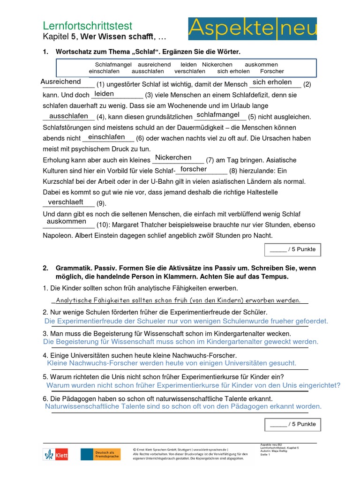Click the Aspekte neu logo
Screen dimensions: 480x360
(252, 29)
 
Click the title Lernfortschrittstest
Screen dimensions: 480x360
(88, 26)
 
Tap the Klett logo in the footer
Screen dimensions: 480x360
(56, 454)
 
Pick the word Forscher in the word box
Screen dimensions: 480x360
(272, 71)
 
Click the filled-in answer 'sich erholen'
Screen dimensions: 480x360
(272, 82)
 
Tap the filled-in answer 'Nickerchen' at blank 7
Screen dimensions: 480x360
(173, 157)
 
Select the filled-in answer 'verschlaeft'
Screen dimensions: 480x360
(66, 202)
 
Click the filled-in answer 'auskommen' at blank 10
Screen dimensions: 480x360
(66, 221)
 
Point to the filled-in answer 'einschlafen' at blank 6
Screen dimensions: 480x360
(106, 137)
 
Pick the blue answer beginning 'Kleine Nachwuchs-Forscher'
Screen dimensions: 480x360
(172, 363)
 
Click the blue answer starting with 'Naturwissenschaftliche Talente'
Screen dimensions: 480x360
(183, 406)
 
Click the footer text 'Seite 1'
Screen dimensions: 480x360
(266, 454)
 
